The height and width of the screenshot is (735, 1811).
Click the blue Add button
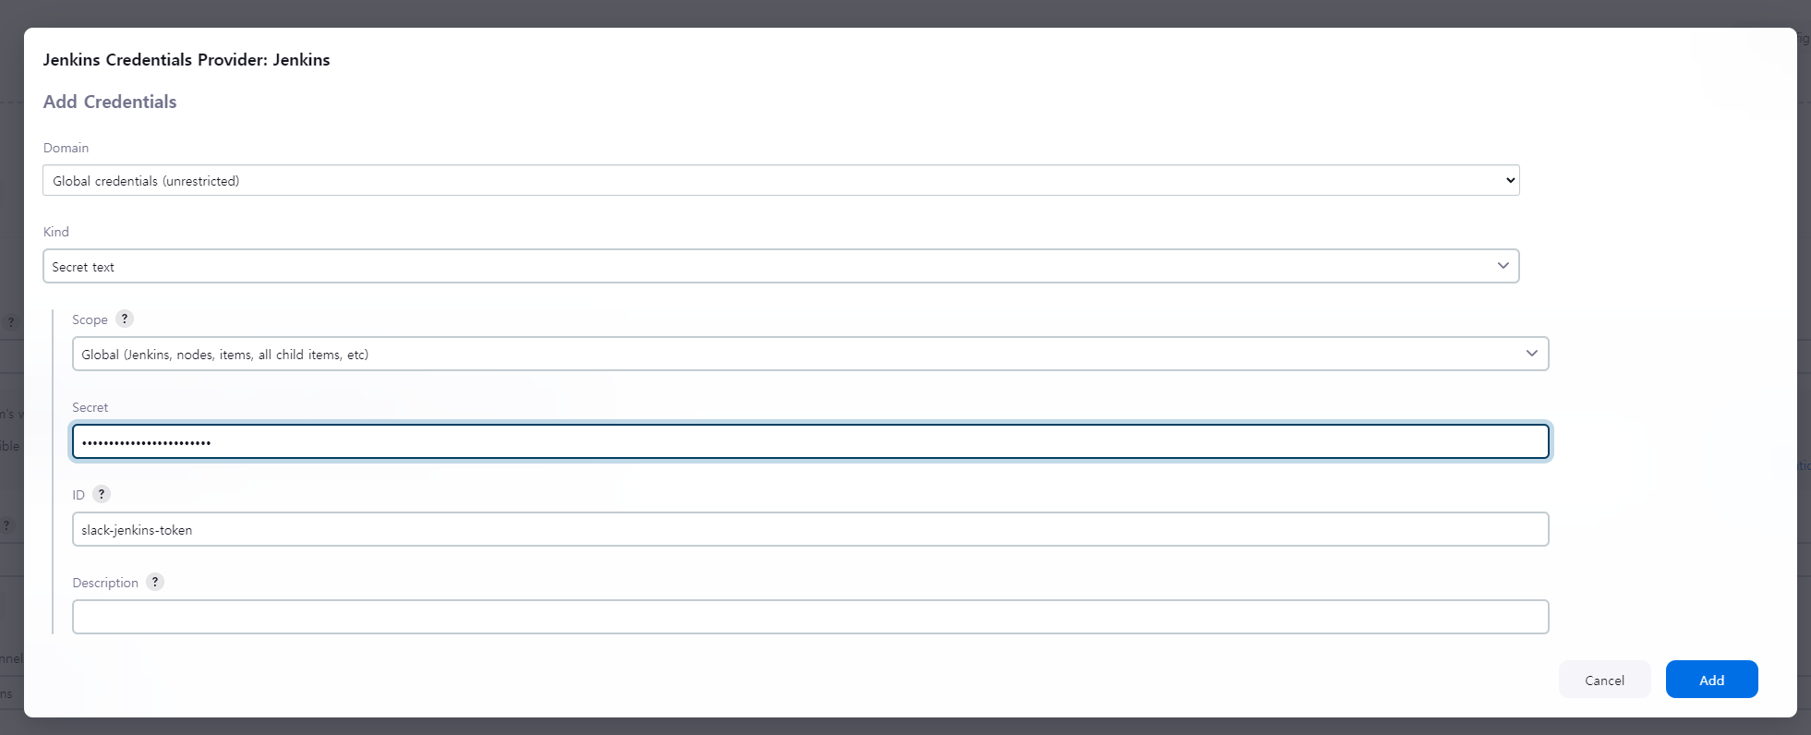pos(1711,680)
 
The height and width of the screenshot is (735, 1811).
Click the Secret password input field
pos(810,441)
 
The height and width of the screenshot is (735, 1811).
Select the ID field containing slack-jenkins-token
pos(810,530)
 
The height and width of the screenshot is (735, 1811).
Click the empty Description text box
pos(810,617)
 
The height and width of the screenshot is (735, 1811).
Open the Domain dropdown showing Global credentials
pos(780,181)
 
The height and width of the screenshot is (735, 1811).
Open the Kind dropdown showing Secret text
pos(780,266)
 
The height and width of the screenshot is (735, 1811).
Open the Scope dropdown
pos(810,354)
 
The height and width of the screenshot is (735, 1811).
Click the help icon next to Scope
pos(125,319)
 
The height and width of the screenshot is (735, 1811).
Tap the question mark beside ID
pos(102,494)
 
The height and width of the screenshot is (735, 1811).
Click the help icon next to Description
pos(155,582)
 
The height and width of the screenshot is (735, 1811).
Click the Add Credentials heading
pos(110,102)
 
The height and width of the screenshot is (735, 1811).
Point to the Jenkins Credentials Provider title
pos(187,60)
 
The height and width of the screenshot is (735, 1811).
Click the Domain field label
pos(66,148)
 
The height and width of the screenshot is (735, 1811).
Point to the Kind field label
pos(56,232)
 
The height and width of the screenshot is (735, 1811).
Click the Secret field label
pos(91,407)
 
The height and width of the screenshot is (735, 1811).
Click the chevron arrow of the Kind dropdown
pos(1503,266)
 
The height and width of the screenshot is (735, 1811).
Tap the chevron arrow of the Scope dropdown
pos(1532,354)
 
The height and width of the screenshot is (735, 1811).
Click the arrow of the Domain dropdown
pos(1511,180)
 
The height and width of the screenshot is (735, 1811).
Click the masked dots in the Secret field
pos(146,443)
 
